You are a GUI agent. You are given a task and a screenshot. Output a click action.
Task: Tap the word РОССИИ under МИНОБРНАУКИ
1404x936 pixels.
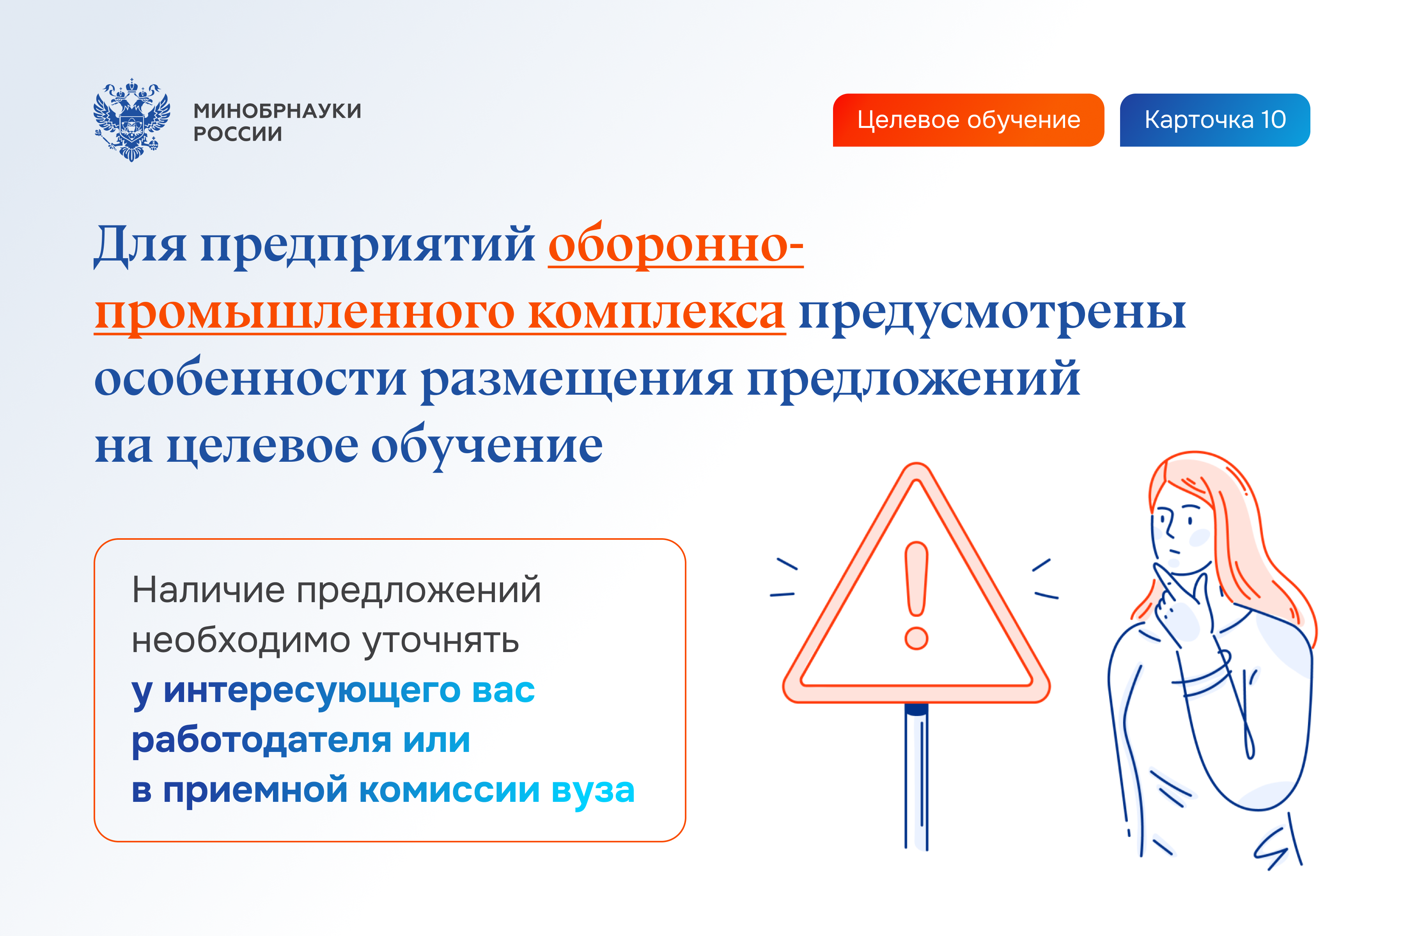238,134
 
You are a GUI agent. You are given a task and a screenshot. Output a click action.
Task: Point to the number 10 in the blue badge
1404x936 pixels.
1273,120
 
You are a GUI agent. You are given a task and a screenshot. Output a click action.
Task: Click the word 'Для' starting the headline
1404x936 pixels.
140,245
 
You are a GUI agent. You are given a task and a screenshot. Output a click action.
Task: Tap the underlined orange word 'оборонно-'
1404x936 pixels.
675,245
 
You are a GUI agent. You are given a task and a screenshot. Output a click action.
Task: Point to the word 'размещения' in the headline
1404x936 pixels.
577,379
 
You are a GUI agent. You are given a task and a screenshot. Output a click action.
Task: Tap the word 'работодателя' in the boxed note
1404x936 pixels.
261,740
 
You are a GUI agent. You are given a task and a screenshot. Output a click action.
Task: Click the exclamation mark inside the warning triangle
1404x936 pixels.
916,594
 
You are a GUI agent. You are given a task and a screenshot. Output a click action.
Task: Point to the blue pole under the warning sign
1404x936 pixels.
916,776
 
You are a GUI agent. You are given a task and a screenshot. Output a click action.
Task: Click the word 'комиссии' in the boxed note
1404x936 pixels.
449,791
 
